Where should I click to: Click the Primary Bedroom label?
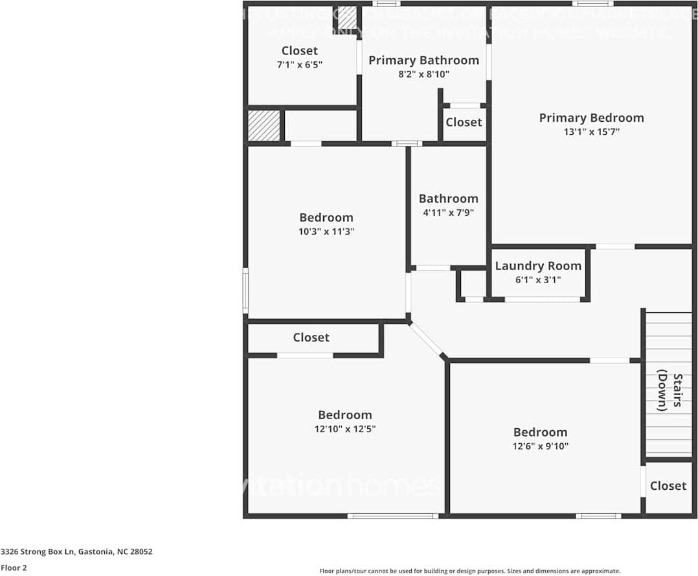[x=591, y=118]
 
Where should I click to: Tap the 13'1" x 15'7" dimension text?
[x=591, y=132]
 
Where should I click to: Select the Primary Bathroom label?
[x=423, y=60]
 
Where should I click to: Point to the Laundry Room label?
[x=538, y=266]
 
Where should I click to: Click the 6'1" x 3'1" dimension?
[x=538, y=280]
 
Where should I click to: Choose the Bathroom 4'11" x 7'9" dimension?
[x=448, y=213]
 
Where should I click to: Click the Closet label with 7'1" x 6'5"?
[x=300, y=51]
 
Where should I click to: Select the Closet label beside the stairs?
[x=668, y=485]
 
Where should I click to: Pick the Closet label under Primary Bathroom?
[x=464, y=122]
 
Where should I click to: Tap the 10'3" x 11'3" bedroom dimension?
[x=326, y=231]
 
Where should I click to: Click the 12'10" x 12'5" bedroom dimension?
[x=344, y=429]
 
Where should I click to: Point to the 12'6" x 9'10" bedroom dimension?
[x=540, y=446]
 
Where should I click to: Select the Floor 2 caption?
[x=14, y=568]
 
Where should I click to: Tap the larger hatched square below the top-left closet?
[x=264, y=126]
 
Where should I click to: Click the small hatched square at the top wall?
[x=348, y=17]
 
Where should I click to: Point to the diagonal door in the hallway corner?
[x=427, y=340]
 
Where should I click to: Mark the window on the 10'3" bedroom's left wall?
[x=245, y=290]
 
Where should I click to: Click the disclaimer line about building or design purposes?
[x=469, y=571]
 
